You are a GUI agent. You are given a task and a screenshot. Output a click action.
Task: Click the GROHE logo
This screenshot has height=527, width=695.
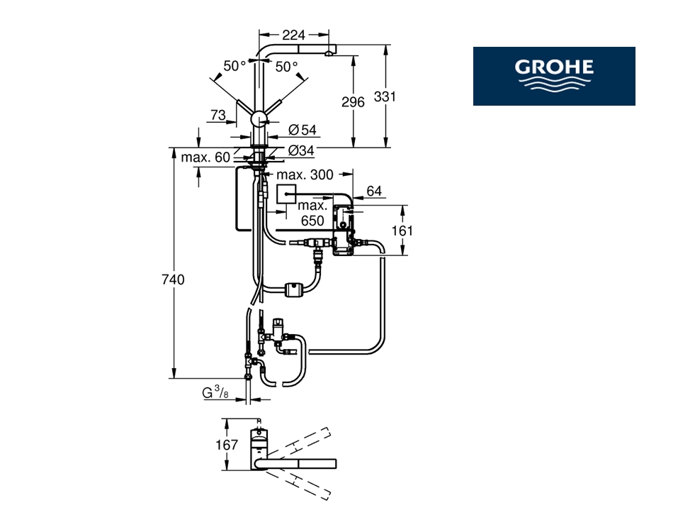[x=554, y=76]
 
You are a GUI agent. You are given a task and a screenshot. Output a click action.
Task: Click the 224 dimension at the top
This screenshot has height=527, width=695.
[x=294, y=35]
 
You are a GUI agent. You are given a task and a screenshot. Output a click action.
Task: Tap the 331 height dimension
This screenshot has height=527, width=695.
[x=384, y=96]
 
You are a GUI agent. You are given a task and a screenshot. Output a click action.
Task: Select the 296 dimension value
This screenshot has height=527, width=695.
[x=353, y=102]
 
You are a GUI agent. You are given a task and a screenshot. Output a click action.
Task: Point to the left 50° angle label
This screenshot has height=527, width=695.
[x=235, y=66]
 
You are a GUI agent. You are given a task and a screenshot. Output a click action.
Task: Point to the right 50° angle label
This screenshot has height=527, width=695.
[x=286, y=67]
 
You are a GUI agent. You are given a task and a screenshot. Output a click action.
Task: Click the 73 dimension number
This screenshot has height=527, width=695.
[x=218, y=116]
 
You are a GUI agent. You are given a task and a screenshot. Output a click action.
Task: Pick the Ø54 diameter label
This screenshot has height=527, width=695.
[x=303, y=130]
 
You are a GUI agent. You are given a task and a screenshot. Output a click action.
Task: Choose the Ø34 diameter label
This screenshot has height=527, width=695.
[x=301, y=150]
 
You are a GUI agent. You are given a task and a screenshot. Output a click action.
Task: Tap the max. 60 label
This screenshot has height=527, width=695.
[x=205, y=157]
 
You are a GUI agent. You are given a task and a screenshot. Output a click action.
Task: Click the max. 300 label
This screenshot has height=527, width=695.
[x=305, y=174]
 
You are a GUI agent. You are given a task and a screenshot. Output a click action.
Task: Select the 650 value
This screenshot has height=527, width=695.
[x=312, y=221]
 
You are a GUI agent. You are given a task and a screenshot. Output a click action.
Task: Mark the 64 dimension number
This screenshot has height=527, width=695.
[x=374, y=191]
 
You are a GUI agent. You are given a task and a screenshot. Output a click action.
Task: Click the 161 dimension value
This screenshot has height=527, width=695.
[x=402, y=231]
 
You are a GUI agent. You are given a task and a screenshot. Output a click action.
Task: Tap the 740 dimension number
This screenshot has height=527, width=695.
[x=173, y=279]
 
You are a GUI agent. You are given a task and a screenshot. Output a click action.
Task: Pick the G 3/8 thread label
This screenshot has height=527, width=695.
[x=215, y=392]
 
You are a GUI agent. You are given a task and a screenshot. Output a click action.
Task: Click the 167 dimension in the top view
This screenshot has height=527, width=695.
[x=227, y=445]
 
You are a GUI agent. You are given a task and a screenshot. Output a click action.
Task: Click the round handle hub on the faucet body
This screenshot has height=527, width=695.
[x=259, y=120]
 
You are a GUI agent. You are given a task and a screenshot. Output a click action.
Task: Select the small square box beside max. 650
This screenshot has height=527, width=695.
[x=286, y=194]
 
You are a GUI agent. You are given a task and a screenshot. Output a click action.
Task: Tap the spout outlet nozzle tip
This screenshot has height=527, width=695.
[x=328, y=54]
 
